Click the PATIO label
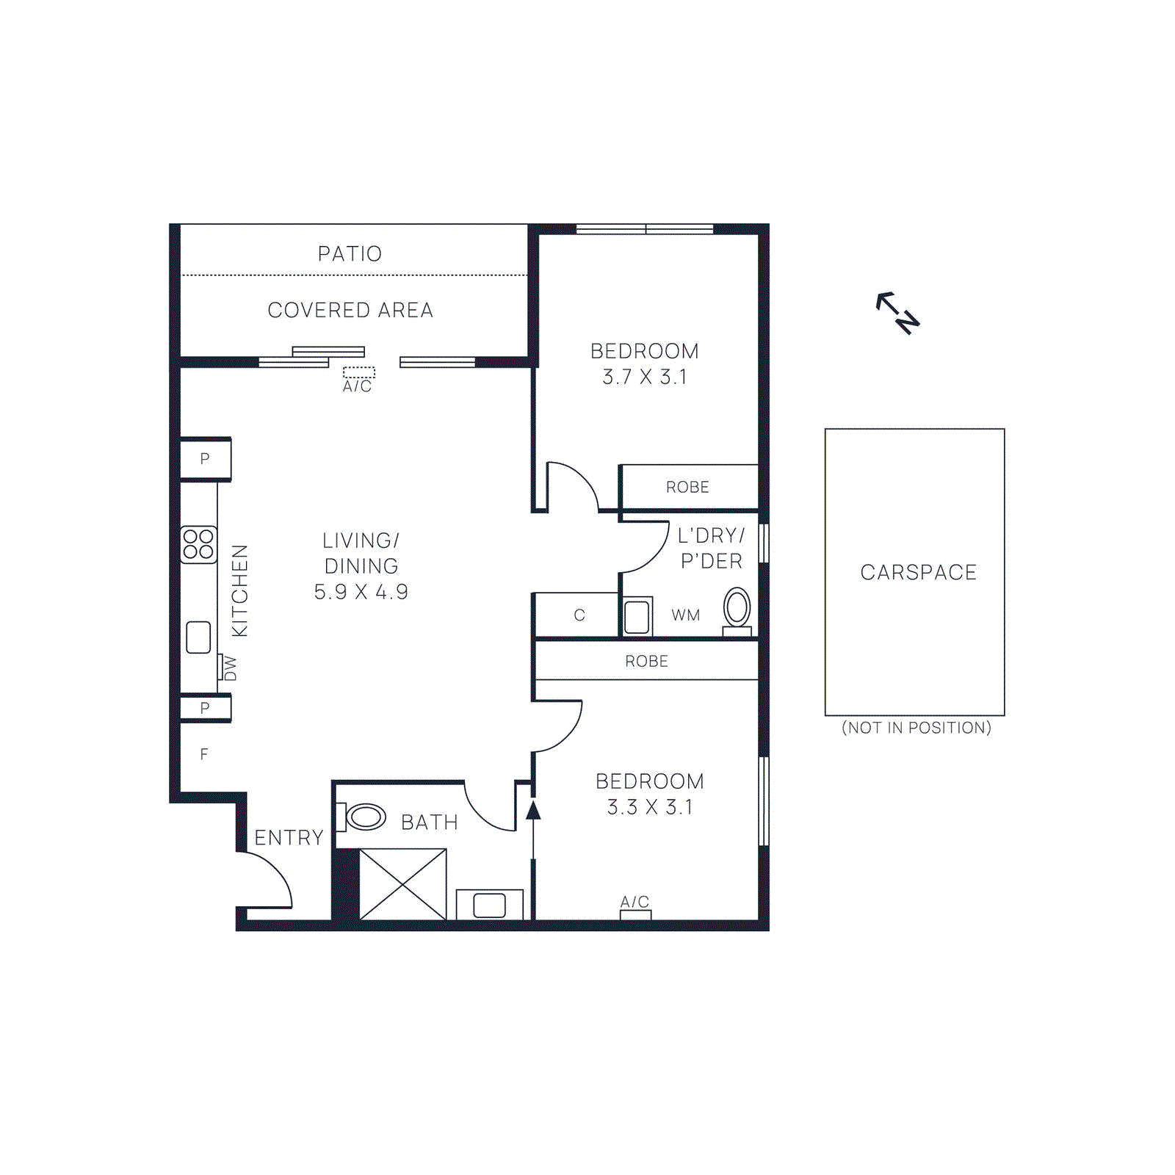pos(350,254)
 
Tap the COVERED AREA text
pos(350,311)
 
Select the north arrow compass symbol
pos(898,313)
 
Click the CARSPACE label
pos(918,572)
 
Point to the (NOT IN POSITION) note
pos(916,728)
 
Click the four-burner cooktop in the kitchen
pos(198,544)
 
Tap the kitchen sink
pos(198,637)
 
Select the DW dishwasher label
pos(230,668)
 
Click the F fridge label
pos(204,754)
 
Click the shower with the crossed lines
pos(402,884)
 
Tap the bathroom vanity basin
pos(489,905)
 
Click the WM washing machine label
pos(685,615)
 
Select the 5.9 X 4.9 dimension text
pos(361,592)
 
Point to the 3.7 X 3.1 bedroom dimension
pos(644,377)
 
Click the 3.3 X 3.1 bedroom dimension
pos(649,807)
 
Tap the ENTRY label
pos(289,838)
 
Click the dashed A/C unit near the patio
pos(358,372)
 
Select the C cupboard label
pos(579,615)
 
